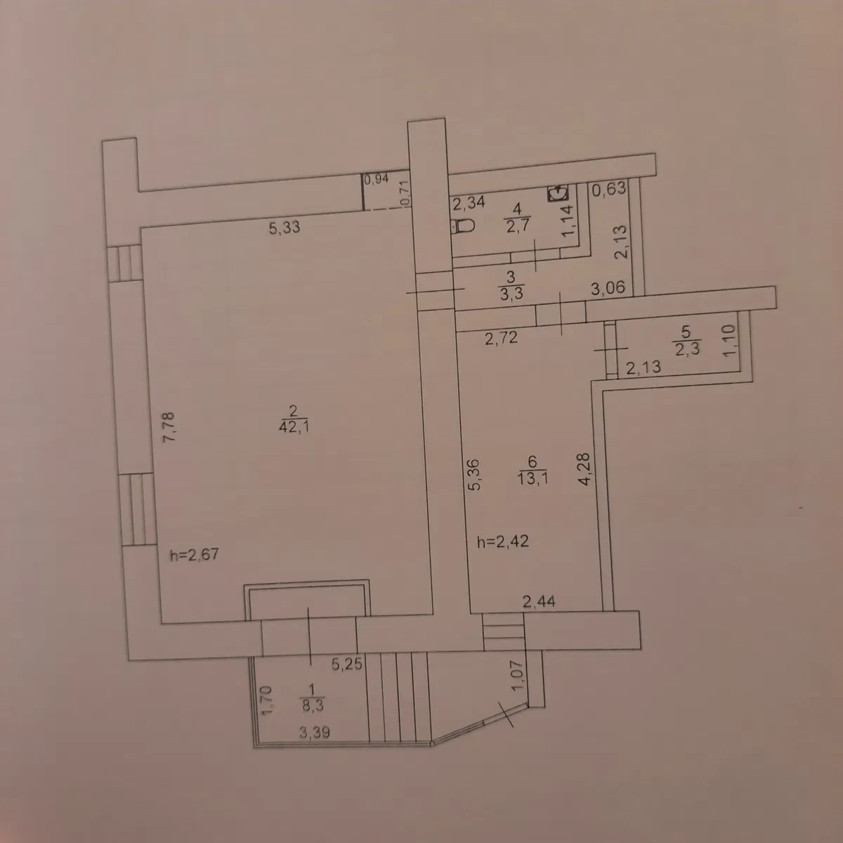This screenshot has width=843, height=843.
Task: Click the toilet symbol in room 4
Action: pos(463,226)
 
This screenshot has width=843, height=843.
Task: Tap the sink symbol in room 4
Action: pos(558,193)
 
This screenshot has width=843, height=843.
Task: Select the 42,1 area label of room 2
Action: pos(294,426)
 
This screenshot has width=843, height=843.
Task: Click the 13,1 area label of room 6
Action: pos(532,478)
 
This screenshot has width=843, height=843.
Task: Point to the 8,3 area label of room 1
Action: pos(313,705)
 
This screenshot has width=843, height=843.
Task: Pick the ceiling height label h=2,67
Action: pos(194,555)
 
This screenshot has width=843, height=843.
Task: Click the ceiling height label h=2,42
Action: pos(503,542)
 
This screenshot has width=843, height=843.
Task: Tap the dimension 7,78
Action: pos(169,427)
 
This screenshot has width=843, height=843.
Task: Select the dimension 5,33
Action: pos(285,228)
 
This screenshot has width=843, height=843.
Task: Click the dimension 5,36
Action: pos(473,474)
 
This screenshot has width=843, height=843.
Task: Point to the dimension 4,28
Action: pos(584,469)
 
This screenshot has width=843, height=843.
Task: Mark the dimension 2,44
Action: pos(539,601)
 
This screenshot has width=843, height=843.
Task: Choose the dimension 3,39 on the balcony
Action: pos(315,732)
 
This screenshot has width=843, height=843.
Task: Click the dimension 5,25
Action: pos(347,664)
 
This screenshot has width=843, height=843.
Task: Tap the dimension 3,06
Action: pos(608,288)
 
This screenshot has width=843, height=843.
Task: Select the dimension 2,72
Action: pos(502,337)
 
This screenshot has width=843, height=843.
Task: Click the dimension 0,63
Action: pos(609,189)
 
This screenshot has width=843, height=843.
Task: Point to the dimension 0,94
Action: pos(377,179)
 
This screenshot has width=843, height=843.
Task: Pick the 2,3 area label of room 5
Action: pos(687,348)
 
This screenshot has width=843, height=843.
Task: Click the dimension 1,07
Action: pos(516,675)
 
